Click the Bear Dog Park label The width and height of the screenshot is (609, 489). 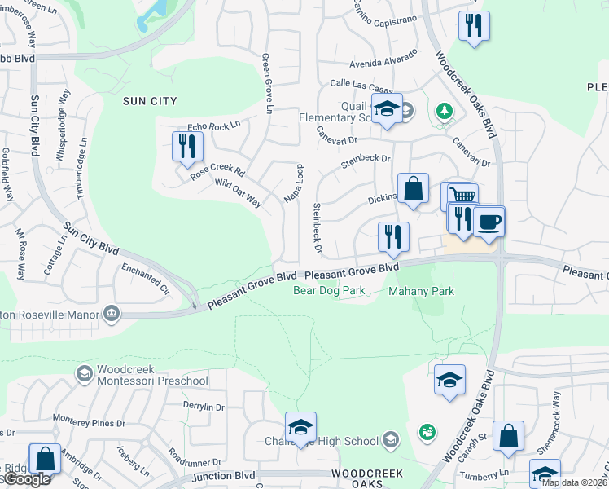point(328,290)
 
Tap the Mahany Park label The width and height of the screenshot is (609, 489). point(421,290)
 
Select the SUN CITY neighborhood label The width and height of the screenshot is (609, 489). point(149,101)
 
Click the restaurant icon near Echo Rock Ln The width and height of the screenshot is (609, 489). point(188,147)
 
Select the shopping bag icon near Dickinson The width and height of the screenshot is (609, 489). point(413,188)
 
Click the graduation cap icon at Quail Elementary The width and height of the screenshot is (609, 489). point(387,109)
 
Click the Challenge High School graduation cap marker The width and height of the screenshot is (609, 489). point(300,427)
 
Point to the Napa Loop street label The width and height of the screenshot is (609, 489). point(292,183)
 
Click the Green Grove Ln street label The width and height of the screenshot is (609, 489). point(266,84)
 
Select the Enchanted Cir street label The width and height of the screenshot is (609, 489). point(144,277)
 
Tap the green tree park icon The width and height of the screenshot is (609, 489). point(444,110)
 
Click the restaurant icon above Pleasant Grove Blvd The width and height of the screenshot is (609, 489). point(394,236)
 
